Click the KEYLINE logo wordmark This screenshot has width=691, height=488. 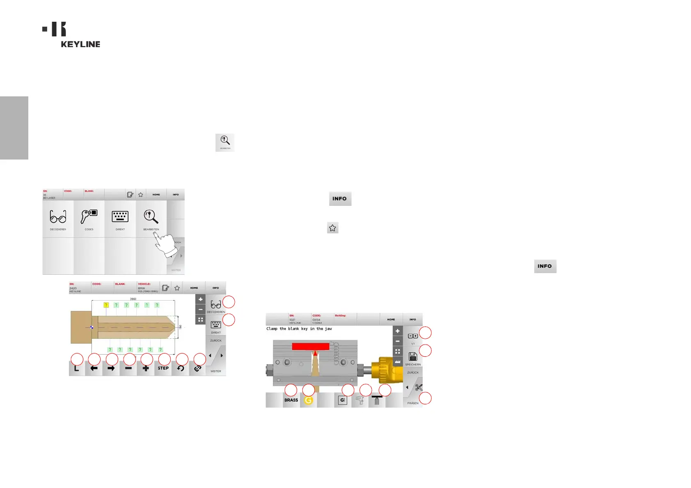pos(80,44)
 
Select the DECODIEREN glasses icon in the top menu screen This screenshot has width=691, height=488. pos(58,216)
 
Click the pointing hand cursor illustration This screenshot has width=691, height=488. pos(166,245)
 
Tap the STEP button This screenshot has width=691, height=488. pos(163,368)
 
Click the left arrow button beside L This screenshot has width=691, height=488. pos(94,368)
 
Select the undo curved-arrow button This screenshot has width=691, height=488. pos(181,368)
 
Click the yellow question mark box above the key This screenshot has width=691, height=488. pos(106,305)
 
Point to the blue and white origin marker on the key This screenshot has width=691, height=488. pos(92,327)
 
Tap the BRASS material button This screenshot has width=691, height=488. pos(291,400)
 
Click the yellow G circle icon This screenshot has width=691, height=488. pos(309,400)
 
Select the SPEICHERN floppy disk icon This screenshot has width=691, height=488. pos(413,356)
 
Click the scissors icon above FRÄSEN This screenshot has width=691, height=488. pos(419,388)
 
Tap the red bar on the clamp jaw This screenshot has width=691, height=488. pos(310,347)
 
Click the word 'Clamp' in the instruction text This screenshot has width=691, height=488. pos(272,328)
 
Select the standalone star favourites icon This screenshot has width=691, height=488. pos(332,228)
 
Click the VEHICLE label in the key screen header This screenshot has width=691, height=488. pos(144,284)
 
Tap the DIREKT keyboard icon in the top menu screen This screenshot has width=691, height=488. pos(120,216)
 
